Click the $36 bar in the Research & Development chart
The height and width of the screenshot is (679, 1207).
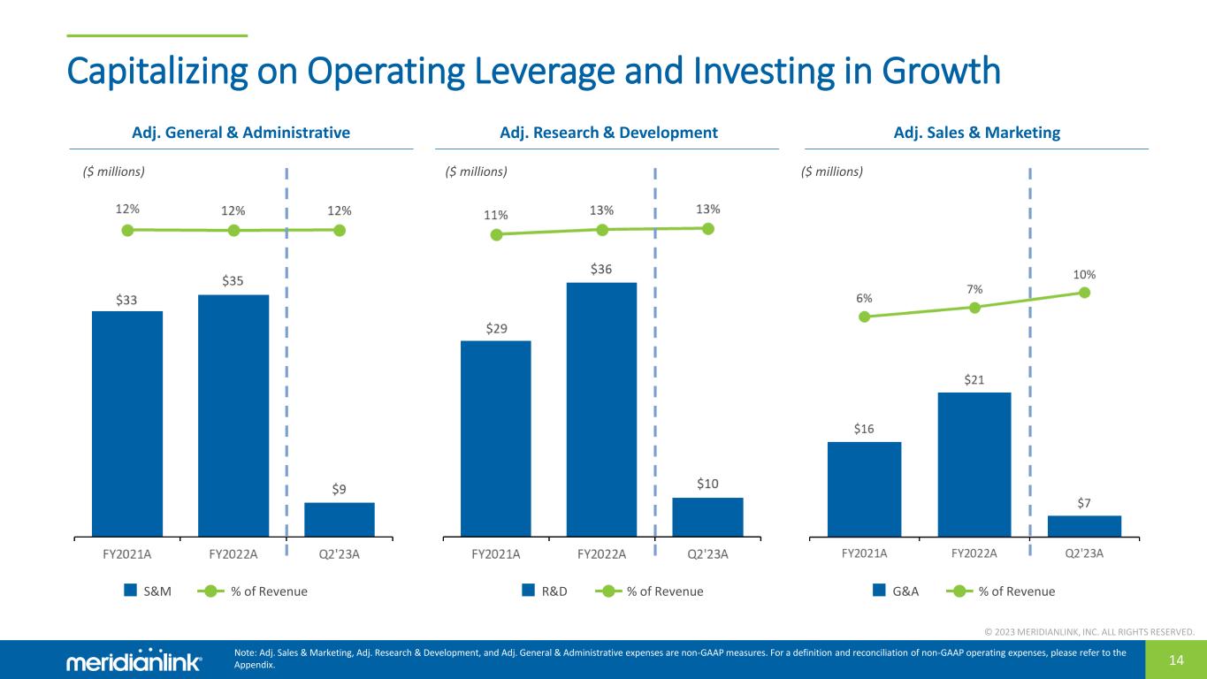(x=601, y=408)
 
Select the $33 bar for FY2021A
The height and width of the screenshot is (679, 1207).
(x=127, y=423)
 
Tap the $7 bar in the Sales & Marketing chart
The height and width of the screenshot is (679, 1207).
(x=1084, y=525)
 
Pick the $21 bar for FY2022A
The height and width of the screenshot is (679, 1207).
(x=974, y=463)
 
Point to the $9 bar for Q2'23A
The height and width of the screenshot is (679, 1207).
(x=340, y=519)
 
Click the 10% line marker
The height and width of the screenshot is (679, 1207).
(x=1085, y=293)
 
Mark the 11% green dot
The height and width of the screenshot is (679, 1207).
(x=496, y=234)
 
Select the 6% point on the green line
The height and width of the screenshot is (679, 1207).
(x=864, y=317)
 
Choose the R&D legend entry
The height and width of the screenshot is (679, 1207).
(x=545, y=591)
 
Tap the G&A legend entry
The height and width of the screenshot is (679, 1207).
(x=896, y=591)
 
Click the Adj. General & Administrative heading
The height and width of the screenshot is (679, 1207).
(x=241, y=133)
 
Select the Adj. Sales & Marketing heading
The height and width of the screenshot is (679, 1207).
(x=976, y=133)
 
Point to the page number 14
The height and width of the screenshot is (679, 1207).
(x=1175, y=660)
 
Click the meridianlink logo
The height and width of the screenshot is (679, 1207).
(x=134, y=661)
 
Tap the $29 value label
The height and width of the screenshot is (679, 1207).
(x=496, y=329)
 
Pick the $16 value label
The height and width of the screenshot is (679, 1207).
(x=864, y=429)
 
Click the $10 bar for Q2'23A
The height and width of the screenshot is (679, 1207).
(x=707, y=516)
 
